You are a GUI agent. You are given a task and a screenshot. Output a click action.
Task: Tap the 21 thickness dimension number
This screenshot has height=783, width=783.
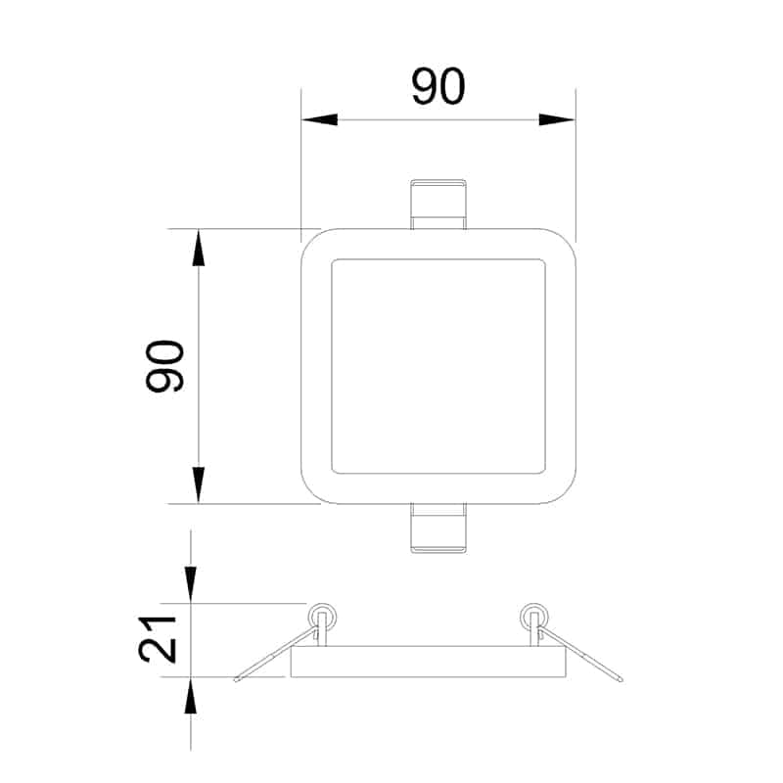pos(157,639)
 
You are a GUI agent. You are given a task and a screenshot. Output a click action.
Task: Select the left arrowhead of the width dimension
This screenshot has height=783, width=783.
pos(319,119)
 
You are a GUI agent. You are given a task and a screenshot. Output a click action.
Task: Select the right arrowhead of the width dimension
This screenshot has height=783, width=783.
pos(557,119)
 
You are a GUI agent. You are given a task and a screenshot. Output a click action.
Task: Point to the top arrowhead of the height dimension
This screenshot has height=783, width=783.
pos(199,248)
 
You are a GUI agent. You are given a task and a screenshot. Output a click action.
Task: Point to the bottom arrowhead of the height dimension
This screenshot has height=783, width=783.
pos(199,485)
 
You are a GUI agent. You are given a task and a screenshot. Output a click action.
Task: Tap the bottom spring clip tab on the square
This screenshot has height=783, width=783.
pos(438,530)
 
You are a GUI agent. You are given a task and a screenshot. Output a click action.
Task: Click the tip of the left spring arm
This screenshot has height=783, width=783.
pos(238,678)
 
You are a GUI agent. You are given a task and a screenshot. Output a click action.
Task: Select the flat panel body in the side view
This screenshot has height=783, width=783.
pos(429,662)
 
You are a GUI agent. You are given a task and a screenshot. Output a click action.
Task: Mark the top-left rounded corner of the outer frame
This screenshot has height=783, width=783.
pos(311,240)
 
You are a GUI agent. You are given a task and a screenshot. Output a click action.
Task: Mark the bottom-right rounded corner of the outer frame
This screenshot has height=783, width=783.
pos(564,493)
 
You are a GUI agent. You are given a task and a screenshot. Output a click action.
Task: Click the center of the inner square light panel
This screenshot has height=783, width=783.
pos(438,366)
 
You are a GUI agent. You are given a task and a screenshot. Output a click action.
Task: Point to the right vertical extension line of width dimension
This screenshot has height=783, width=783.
pos(575,166)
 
